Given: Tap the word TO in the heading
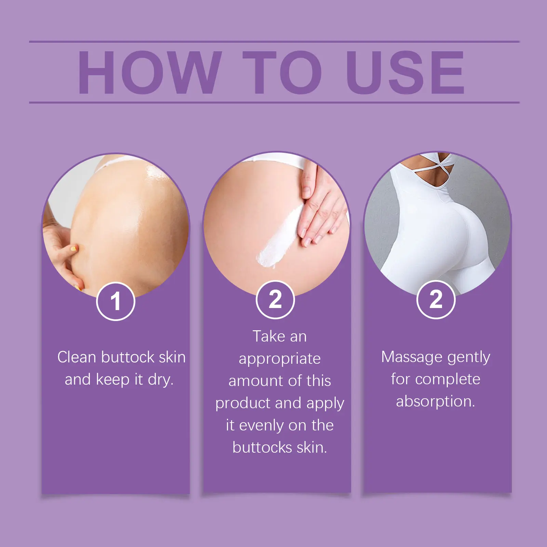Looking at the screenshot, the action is coord(282,72).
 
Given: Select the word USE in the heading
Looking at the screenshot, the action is coord(405,72).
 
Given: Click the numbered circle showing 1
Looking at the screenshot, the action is coord(116,301).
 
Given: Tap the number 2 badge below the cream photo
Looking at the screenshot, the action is coord(275,299).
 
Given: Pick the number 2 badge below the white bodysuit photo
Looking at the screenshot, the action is coord(436,299).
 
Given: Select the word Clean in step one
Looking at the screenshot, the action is coord(77,357).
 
